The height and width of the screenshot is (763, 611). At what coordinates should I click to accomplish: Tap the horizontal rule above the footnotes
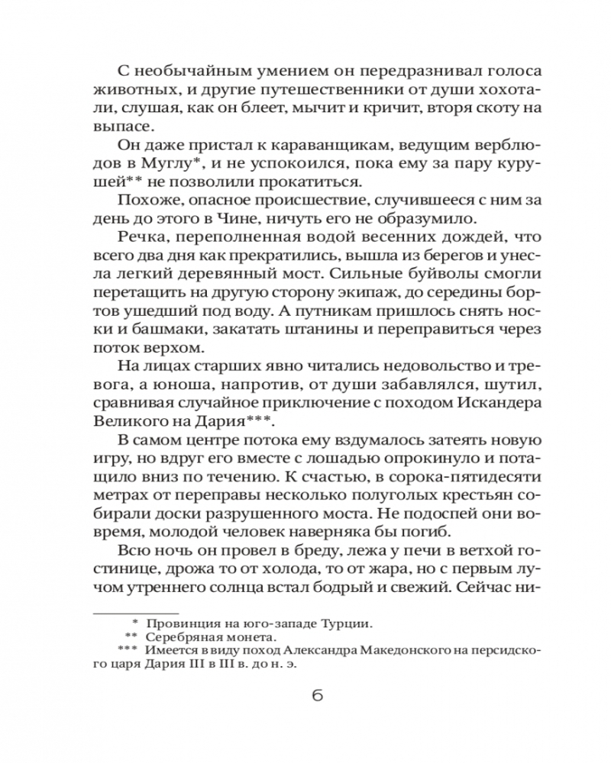[x=134, y=613]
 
